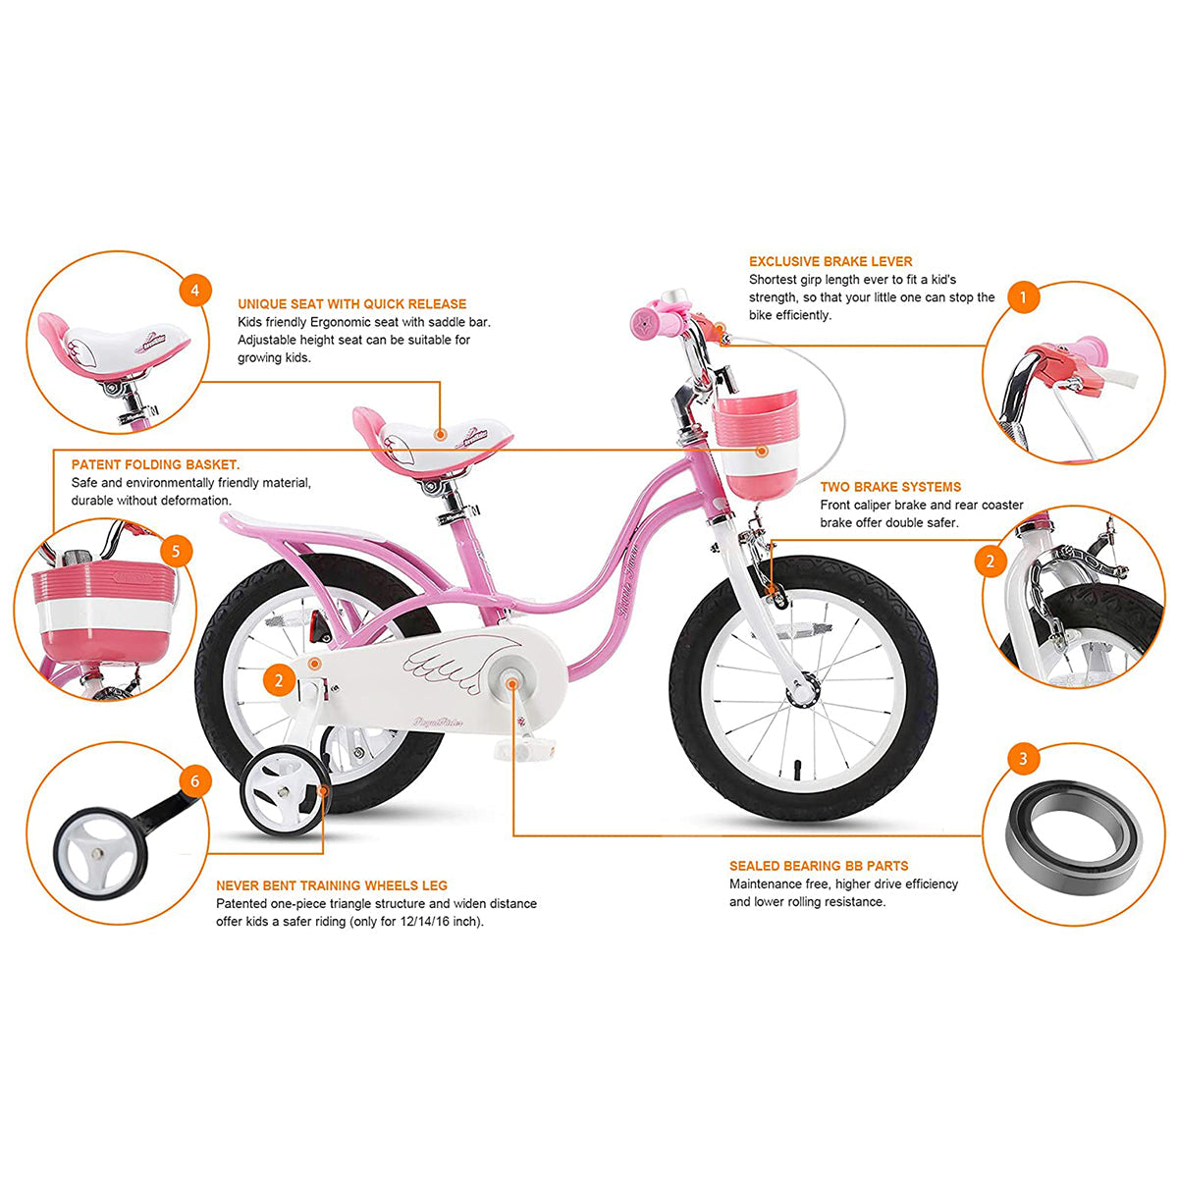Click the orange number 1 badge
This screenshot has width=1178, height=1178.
1023,297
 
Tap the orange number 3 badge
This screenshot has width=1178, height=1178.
1023,759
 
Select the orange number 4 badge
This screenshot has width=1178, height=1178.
195,291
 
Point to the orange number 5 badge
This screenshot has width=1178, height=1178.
176,552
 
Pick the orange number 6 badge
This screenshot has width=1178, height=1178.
195,781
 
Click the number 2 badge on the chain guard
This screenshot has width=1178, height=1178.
279,680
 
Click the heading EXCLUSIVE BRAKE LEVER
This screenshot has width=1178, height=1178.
830,262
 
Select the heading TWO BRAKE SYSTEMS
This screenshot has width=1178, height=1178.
890,487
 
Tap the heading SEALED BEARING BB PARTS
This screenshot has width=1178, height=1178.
819,866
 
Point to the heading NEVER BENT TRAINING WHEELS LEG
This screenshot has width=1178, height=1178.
332,885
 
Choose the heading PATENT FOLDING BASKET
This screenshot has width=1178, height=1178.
155,464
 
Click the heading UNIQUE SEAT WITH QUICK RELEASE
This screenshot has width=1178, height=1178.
351,303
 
